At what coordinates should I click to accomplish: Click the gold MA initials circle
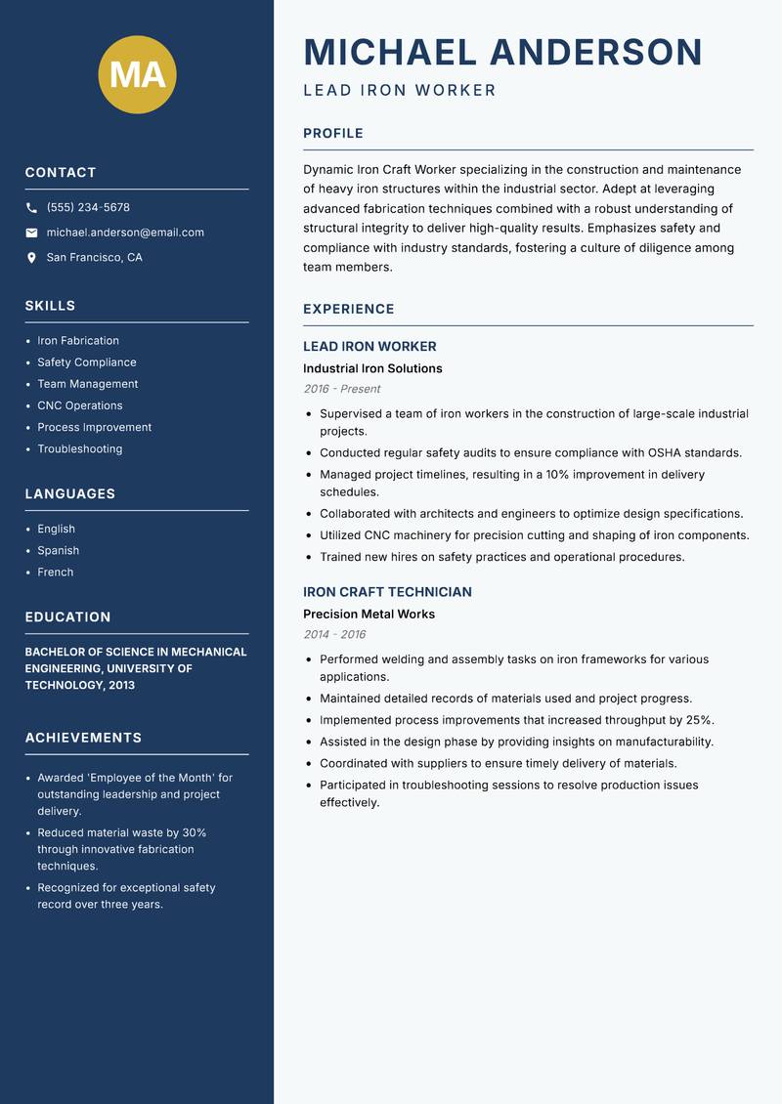[137, 74]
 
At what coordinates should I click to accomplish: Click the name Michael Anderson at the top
[502, 52]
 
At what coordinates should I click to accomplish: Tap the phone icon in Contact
[31, 208]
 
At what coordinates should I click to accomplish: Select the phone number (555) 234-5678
[88, 208]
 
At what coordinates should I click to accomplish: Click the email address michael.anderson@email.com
[125, 233]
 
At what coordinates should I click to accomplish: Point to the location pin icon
[31, 258]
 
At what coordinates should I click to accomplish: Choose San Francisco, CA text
[94, 258]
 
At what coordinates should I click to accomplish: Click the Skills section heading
[50, 306]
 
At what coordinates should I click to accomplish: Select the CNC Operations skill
[80, 405]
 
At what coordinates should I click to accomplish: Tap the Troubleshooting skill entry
[80, 449]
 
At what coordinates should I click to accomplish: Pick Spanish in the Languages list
[59, 551]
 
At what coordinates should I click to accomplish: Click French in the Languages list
[56, 573]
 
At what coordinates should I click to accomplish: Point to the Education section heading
[67, 617]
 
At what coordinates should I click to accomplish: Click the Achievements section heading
[83, 738]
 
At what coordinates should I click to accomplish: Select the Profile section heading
[332, 134]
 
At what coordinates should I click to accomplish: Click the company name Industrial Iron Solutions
[372, 369]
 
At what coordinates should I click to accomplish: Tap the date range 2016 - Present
[341, 389]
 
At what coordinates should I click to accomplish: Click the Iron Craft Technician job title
[387, 592]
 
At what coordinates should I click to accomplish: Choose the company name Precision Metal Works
[369, 615]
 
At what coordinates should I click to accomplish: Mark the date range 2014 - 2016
[334, 634]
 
